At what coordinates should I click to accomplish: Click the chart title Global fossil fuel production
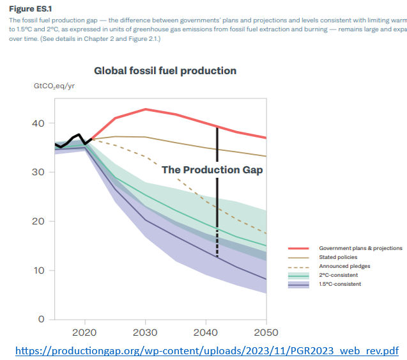(x=165, y=71)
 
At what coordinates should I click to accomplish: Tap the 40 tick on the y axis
(x=42, y=123)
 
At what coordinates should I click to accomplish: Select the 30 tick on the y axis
(x=42, y=172)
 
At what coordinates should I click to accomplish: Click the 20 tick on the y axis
(x=42, y=221)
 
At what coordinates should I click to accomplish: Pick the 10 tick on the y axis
(x=42, y=270)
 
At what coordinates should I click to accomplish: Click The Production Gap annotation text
(x=212, y=170)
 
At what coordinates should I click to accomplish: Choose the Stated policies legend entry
(x=337, y=256)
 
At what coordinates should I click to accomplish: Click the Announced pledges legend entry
(x=344, y=265)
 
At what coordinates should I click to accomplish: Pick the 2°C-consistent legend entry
(x=337, y=274)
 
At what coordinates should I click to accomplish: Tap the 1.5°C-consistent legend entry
(x=339, y=283)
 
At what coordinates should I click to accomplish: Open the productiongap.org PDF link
(x=206, y=350)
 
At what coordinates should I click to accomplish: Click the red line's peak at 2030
(x=146, y=109)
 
